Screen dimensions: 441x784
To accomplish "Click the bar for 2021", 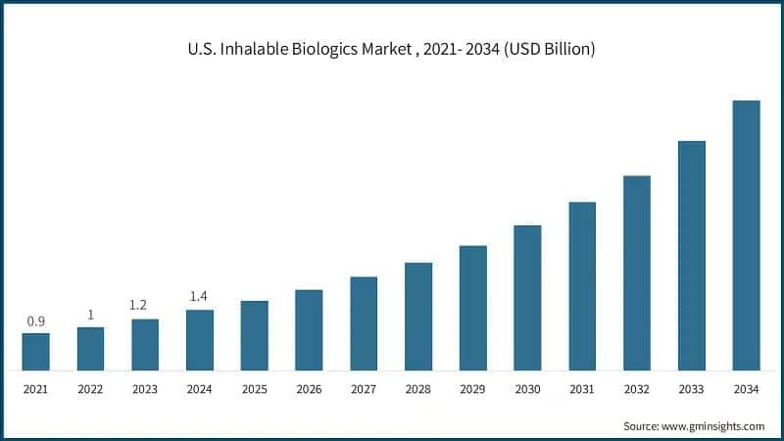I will (35, 352).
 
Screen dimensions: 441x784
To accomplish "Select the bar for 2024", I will (200, 340).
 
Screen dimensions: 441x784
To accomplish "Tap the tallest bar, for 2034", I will (746, 235).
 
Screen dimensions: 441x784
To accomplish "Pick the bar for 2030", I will (527, 298).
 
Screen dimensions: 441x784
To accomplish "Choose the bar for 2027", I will (364, 323).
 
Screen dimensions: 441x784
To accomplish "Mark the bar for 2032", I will (637, 273).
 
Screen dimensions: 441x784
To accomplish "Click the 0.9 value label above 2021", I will (35, 321).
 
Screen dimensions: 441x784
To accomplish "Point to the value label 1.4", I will (200, 297).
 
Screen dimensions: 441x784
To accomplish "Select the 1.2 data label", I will (145, 306).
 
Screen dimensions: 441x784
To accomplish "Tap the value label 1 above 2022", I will (90, 315).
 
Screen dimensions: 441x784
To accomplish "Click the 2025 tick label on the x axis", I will (254, 389).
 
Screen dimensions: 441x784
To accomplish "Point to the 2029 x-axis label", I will (472, 389).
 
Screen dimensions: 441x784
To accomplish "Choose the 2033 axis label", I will (691, 389).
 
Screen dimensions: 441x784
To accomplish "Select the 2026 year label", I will (309, 389).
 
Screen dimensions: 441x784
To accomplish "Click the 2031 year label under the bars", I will (582, 389).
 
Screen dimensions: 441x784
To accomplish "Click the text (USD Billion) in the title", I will (546, 50).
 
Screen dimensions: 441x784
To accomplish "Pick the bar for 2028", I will (418, 317).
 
